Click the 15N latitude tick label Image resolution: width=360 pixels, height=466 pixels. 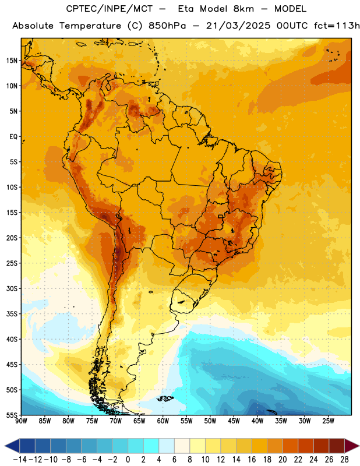[12, 61]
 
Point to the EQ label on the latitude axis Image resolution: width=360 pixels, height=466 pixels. [13, 137]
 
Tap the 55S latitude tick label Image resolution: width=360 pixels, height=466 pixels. [12, 415]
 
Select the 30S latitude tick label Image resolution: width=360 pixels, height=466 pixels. [12, 288]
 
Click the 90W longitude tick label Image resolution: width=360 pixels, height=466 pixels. [21, 421]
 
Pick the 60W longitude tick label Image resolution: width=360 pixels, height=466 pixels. [163, 421]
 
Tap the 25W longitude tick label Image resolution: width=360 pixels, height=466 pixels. [328, 421]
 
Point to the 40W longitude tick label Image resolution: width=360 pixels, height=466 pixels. [257, 421]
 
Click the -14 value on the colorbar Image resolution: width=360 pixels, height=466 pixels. [20, 460]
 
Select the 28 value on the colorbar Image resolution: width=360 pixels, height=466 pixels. [344, 460]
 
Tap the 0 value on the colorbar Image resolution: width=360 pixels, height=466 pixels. [128, 460]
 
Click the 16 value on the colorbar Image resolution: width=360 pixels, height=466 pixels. [252, 460]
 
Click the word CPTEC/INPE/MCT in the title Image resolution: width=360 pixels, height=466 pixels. [110, 9]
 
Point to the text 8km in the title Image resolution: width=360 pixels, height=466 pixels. [243, 9]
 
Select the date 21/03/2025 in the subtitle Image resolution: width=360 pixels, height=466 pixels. [238, 26]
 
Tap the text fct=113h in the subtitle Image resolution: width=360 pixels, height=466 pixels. [337, 26]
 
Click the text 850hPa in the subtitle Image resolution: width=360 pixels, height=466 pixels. [167, 26]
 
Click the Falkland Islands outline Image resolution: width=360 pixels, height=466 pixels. [165, 398]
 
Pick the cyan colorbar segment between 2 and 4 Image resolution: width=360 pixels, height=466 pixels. [151, 446]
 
